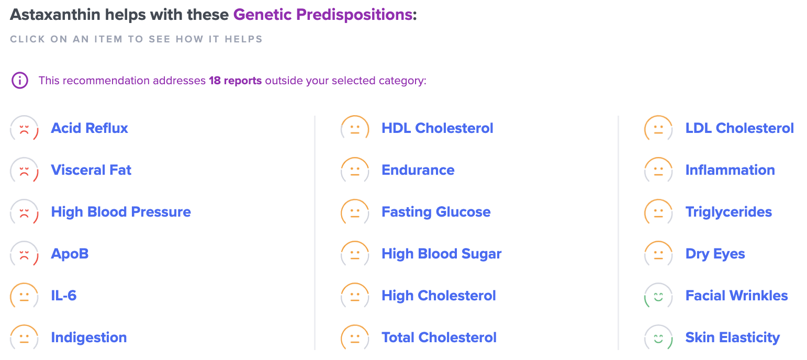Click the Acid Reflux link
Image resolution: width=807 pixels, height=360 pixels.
(89, 128)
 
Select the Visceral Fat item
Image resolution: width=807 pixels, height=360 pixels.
(91, 170)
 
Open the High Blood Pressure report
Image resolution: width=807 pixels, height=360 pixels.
(120, 212)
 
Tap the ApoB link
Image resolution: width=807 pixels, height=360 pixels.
(70, 254)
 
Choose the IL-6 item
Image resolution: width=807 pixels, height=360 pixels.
(63, 296)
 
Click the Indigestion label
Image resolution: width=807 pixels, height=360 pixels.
(88, 337)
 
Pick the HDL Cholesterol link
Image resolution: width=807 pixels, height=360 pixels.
(437, 128)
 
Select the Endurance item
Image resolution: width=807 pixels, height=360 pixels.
(418, 170)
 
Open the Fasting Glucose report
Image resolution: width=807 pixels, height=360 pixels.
(436, 212)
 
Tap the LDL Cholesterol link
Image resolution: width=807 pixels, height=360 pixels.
(739, 128)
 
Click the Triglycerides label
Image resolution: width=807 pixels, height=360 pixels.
(728, 212)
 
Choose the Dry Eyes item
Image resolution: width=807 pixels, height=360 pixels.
(715, 254)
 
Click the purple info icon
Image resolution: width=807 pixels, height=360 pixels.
(19, 81)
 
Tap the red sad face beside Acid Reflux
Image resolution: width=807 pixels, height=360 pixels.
(24, 129)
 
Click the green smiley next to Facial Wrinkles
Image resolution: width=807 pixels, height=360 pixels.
(658, 296)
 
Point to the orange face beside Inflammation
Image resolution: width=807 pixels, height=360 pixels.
(658, 171)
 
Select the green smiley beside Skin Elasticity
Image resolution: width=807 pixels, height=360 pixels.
(658, 338)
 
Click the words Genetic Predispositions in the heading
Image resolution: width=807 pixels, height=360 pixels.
(322, 14)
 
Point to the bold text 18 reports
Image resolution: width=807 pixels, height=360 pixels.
(235, 81)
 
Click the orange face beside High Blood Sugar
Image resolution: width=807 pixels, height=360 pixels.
(355, 254)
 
